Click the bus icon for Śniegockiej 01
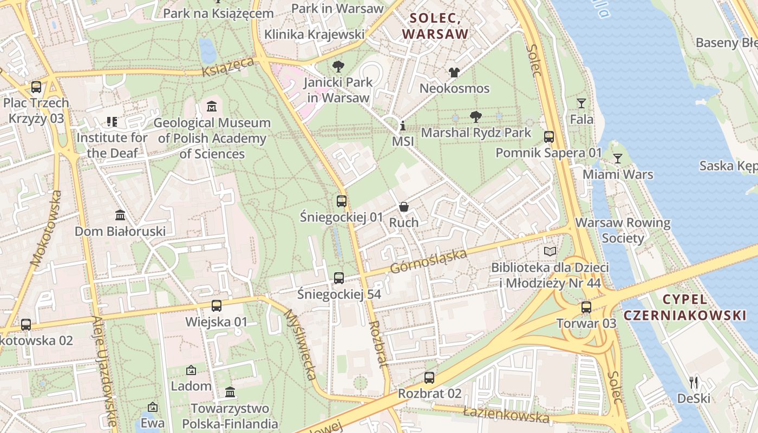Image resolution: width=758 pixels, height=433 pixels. click(x=342, y=201)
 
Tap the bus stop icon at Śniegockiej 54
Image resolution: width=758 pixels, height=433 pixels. click(x=339, y=278)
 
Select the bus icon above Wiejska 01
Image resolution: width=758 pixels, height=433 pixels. click(x=217, y=306)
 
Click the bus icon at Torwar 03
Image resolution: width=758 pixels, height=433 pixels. click(x=586, y=307)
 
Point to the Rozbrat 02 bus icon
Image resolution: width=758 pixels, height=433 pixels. click(x=429, y=377)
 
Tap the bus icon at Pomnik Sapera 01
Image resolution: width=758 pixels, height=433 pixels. click(x=549, y=136)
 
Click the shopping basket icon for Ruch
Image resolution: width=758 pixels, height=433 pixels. click(x=404, y=206)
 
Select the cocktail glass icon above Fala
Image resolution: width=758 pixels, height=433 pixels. click(x=581, y=103)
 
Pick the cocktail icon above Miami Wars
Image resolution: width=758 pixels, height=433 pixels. click(x=617, y=159)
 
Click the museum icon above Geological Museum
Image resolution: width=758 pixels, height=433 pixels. click(x=212, y=106)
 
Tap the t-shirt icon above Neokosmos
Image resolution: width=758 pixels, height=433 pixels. click(x=454, y=72)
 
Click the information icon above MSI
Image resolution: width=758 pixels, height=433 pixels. click(x=402, y=126)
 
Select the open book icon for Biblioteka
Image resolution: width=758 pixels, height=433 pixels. click(x=550, y=251)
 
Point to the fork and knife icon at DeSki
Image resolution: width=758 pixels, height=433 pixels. click(x=694, y=383)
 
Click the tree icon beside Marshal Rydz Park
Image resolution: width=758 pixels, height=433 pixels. click(x=476, y=117)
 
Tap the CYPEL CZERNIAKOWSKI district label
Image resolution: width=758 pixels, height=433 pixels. click(x=684, y=307)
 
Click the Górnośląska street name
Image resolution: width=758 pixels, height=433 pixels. click(x=428, y=261)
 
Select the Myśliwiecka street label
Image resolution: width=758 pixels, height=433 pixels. click(x=299, y=344)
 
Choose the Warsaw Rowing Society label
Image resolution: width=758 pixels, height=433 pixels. click(x=623, y=230)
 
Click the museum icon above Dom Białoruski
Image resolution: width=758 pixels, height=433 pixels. click(x=120, y=215)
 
